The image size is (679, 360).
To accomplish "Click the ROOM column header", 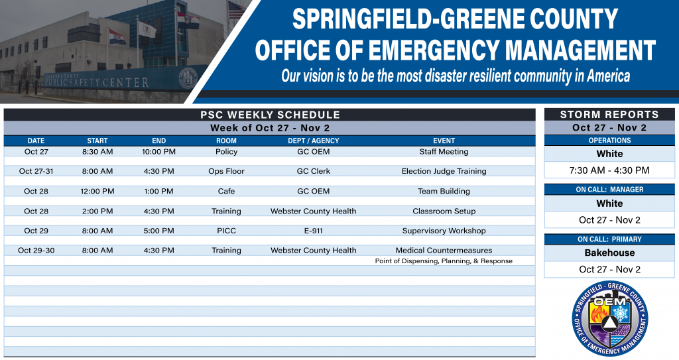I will [226, 141].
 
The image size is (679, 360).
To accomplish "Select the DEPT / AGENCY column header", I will [313, 141].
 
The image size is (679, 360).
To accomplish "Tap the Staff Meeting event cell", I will [444, 152].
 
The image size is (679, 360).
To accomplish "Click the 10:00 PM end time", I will [158, 152].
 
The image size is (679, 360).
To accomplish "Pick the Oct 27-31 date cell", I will [36, 171].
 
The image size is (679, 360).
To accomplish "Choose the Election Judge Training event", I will [444, 171].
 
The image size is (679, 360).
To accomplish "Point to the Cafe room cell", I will [226, 191].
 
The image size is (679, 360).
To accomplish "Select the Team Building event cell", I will [444, 191].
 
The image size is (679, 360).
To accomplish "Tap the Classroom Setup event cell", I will [444, 211].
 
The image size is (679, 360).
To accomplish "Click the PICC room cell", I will [226, 231].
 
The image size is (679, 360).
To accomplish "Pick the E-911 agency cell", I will [313, 231].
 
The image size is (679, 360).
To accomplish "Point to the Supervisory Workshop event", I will [444, 231].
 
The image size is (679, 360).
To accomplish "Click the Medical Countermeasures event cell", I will [444, 251].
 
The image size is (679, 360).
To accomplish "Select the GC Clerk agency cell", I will [313, 171].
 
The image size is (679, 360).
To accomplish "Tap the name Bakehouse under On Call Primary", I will [609, 253].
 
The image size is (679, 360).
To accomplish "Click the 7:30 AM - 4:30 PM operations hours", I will [609, 170].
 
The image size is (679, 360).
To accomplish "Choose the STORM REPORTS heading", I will [609, 115].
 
